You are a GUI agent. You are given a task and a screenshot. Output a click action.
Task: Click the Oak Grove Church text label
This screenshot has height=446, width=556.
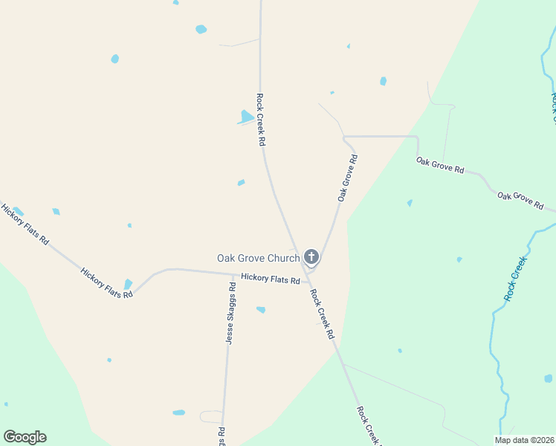[258, 259]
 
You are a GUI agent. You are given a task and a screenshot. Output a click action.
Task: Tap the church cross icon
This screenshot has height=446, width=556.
[311, 258]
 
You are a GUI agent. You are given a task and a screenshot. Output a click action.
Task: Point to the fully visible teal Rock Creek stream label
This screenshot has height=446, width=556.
[514, 278]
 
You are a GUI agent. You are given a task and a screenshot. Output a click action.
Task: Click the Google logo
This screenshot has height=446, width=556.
[25, 437]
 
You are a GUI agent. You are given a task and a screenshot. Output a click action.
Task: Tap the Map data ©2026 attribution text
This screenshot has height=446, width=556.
[523, 440]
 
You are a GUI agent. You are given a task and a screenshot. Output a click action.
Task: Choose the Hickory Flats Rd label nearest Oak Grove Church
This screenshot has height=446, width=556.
[270, 279]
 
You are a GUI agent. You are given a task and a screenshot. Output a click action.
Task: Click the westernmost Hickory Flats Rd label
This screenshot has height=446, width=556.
[25, 225]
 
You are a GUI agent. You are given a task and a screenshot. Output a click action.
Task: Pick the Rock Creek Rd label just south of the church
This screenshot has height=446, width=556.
[322, 314]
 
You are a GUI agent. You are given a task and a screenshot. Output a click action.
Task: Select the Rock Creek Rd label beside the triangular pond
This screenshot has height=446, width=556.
[260, 119]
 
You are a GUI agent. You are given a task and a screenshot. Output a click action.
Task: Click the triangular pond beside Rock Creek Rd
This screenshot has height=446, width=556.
[246, 117]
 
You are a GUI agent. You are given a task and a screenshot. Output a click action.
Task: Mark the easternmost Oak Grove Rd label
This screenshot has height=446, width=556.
[520, 201]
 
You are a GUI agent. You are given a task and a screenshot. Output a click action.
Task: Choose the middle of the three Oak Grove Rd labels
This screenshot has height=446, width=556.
[440, 165]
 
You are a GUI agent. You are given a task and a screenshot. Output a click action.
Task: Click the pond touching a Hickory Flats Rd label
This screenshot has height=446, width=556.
[128, 284]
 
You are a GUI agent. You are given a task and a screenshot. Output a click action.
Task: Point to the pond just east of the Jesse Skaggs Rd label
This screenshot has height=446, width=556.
[261, 309]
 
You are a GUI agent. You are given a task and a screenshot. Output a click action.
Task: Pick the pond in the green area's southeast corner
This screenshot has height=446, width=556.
[549, 378]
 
